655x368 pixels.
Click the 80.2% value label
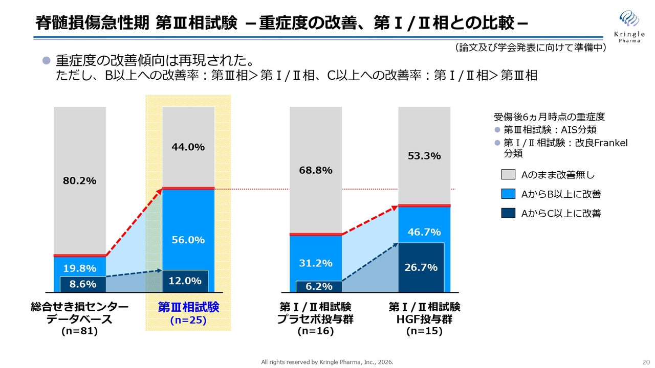coord(79,180)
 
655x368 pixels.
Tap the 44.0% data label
coord(188,147)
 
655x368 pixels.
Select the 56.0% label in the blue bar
coord(188,240)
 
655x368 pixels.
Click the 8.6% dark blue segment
coord(82,284)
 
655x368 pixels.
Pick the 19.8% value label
coord(79,268)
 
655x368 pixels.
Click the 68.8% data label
coord(315,170)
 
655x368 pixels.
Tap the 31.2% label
coord(315,263)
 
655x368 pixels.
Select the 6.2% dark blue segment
coord(318,287)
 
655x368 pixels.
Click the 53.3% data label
coord(424,156)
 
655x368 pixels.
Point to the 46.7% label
coord(424,232)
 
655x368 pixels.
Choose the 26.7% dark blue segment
coord(421,267)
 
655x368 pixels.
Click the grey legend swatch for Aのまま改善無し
coord(508,175)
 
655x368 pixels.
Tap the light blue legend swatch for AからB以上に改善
coord(508,194)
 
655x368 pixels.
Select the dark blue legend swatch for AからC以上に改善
coord(508,213)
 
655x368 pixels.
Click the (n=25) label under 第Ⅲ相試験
coord(188,320)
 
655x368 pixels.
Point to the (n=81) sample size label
coord(79,331)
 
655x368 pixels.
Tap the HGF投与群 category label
coord(424,319)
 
